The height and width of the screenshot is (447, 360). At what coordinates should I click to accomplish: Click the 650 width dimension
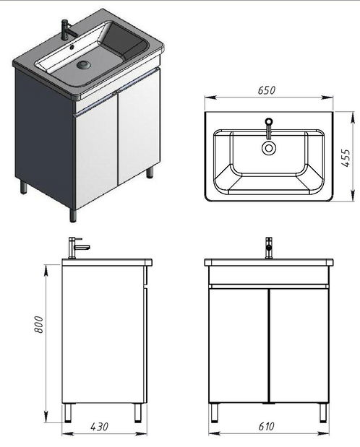(x=267, y=92)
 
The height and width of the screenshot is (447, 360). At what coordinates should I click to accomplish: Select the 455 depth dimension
(x=346, y=156)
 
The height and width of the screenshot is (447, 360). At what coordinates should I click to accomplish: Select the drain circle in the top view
(x=269, y=148)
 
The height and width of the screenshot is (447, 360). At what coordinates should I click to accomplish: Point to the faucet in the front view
(x=268, y=247)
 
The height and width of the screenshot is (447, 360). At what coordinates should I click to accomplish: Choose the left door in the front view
(x=238, y=345)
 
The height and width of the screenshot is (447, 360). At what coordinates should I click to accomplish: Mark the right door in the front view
(x=299, y=345)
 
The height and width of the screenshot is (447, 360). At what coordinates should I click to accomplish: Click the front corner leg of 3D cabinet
(x=73, y=214)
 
